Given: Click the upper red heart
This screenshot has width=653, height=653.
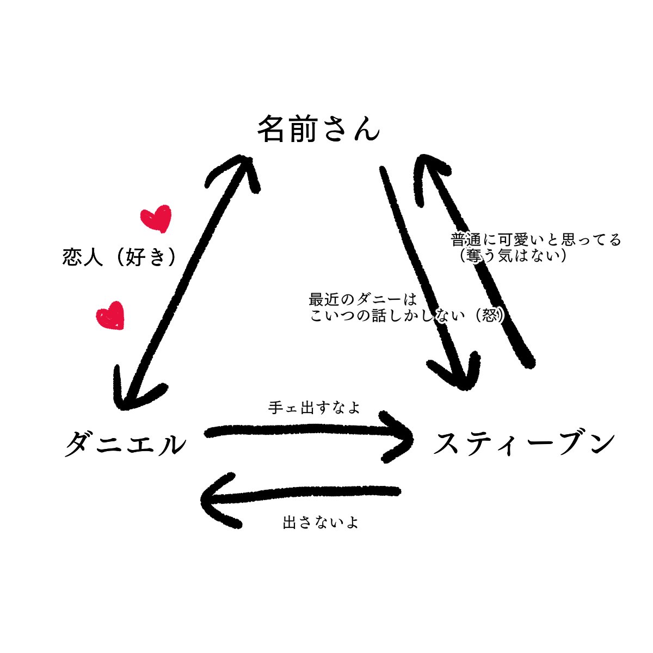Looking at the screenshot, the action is pyautogui.click(x=156, y=218).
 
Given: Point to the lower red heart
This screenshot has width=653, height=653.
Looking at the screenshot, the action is pyautogui.click(x=110, y=315).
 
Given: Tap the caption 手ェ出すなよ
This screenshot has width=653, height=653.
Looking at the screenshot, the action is pyautogui.click(x=314, y=408).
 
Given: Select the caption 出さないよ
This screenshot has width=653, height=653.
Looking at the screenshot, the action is pyautogui.click(x=321, y=523).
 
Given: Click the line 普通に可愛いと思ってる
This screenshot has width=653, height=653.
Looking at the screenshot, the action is pyautogui.click(x=535, y=239).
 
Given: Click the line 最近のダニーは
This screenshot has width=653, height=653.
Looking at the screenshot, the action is pyautogui.click(x=362, y=299).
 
